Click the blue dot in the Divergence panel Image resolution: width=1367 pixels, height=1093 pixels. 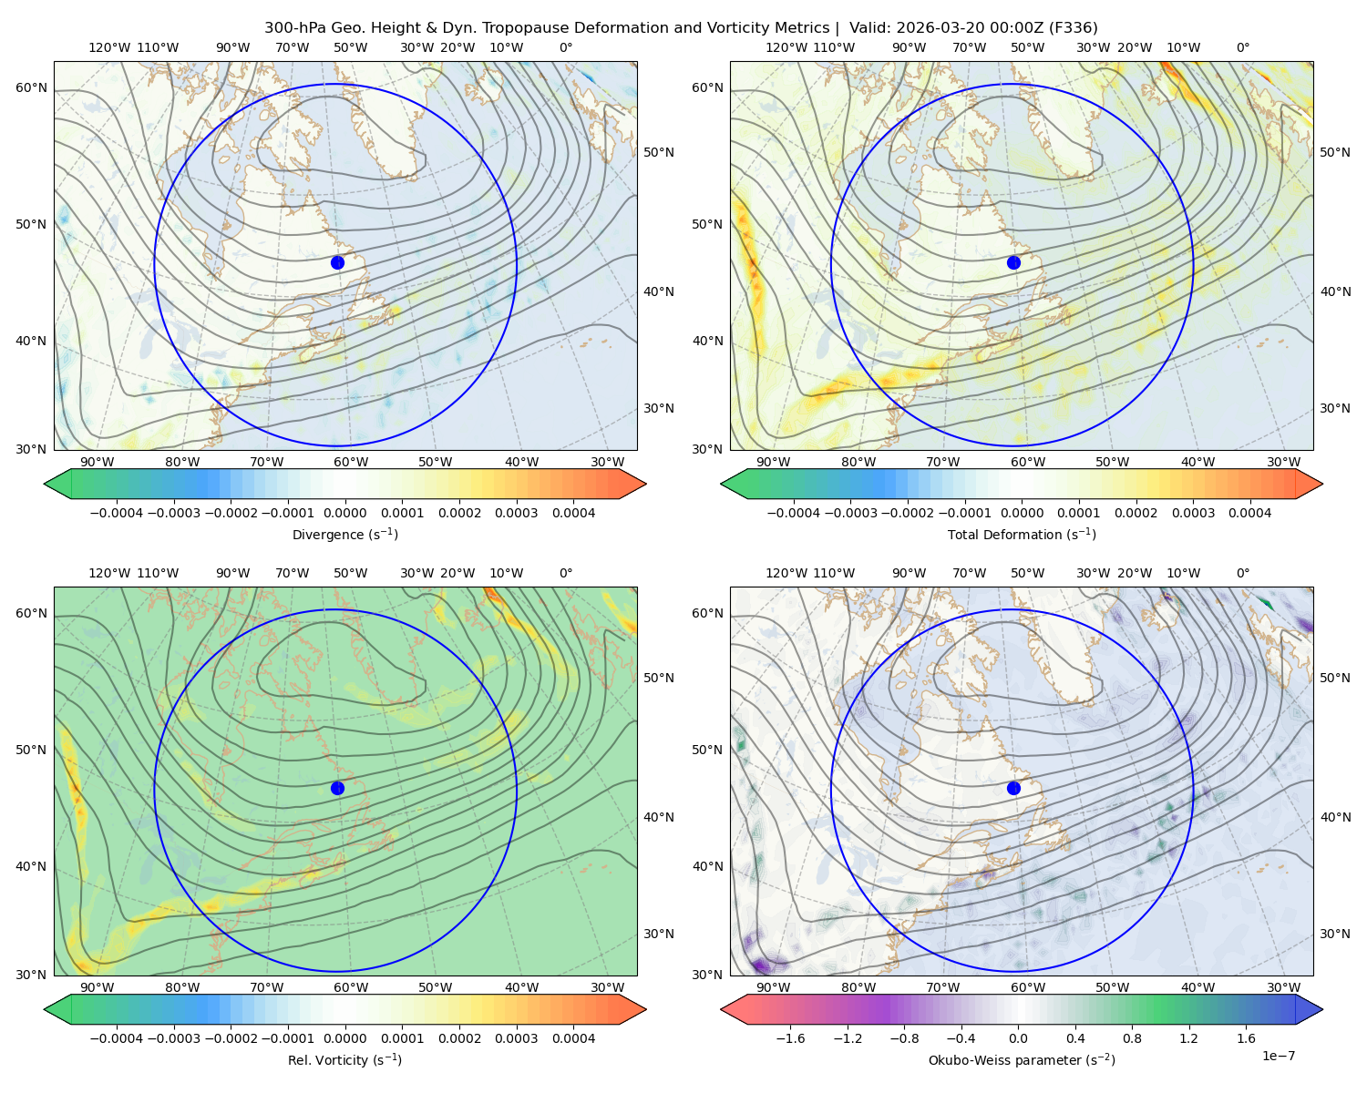(337, 262)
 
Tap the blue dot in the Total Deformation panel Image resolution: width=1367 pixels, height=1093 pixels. (1013, 262)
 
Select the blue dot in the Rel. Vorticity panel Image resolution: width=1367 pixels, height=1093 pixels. (337, 788)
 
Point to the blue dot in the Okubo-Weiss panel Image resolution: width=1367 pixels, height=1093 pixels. (1013, 788)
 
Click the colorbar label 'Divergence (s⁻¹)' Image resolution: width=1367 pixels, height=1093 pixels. (344, 534)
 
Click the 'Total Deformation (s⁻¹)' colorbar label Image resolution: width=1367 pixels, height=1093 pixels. (1022, 534)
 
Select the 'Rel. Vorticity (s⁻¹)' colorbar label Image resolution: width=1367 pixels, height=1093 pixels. (344, 1059)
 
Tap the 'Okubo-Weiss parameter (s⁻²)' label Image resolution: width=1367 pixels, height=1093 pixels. (1022, 1059)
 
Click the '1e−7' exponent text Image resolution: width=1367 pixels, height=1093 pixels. (1278, 1056)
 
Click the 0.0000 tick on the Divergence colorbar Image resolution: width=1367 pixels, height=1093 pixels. (344, 513)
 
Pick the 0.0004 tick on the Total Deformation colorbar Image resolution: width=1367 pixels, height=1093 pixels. (1249, 513)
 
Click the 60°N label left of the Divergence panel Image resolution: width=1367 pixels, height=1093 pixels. (31, 87)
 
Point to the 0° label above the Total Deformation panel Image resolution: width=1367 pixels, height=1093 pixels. (1242, 47)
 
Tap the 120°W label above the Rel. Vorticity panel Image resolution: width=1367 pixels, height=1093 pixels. (109, 573)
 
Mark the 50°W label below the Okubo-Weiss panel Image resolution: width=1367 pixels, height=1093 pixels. (1112, 987)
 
